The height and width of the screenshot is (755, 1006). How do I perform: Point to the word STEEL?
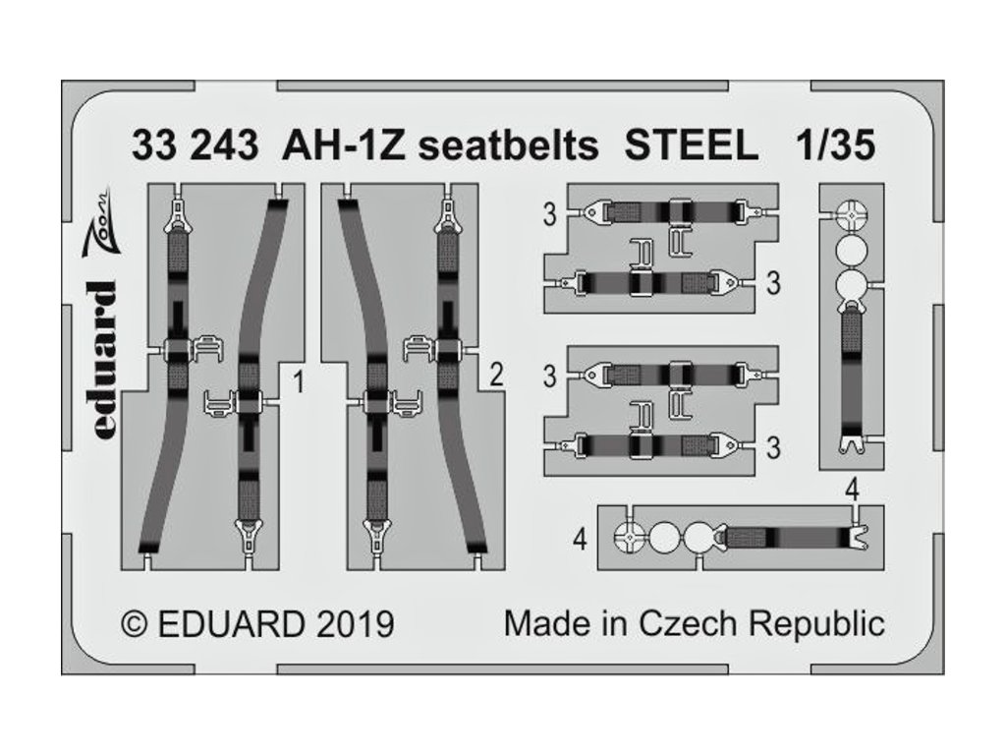[x=693, y=146]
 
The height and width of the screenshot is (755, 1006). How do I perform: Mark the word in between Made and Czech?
[x=609, y=622]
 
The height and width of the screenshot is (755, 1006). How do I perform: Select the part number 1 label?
[x=296, y=375]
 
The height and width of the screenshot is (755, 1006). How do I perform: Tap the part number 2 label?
[x=497, y=375]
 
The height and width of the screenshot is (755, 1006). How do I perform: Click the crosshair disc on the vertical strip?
[x=851, y=214]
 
